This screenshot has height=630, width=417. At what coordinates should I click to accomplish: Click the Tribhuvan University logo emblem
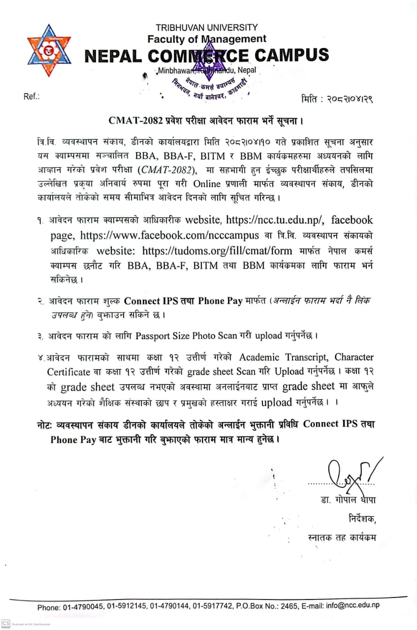pyautogui.click(x=49, y=50)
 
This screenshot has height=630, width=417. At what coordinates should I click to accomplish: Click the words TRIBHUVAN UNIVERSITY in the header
pyautogui.click(x=206, y=28)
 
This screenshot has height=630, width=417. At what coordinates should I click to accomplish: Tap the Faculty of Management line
pyautogui.click(x=206, y=38)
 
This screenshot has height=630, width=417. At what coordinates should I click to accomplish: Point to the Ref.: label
pyautogui.click(x=32, y=96)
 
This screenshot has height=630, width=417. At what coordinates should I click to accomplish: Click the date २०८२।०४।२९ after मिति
pyautogui.click(x=347, y=99)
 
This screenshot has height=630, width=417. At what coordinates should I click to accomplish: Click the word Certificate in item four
pyautogui.click(x=68, y=371)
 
